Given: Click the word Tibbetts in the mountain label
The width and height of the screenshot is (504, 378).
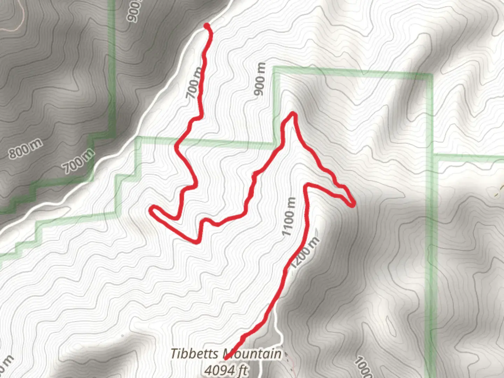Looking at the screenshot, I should (x=195, y=354).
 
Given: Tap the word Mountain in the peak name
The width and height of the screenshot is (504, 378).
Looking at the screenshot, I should (x=252, y=354).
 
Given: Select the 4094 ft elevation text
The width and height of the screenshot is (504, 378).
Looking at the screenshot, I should (x=226, y=370).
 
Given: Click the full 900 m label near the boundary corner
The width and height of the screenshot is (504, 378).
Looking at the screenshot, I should (x=260, y=79).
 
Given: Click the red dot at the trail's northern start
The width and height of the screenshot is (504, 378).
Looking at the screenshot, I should (x=207, y=26).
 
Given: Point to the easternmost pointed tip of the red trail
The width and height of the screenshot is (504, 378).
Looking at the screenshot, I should (x=354, y=204).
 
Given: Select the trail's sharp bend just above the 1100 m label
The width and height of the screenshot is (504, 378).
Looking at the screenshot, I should (x=308, y=184).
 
